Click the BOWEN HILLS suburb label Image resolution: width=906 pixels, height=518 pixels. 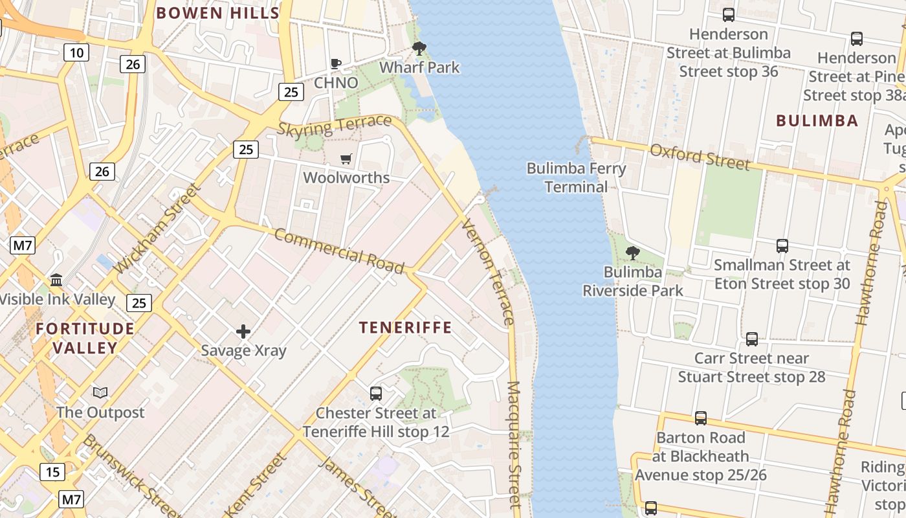[x=217, y=13]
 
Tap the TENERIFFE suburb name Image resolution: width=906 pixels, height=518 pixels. [x=405, y=328]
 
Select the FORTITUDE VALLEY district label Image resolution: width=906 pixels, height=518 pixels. [x=85, y=338]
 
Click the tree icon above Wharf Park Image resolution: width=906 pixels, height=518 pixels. [x=419, y=48]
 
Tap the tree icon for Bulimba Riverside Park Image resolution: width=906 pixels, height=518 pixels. [x=633, y=253]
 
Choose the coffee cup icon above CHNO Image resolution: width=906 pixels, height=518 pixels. [x=336, y=63]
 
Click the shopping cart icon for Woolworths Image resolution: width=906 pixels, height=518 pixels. [x=346, y=159]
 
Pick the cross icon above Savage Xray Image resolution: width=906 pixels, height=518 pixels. [x=243, y=332]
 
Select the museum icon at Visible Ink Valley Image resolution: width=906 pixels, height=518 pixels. [x=56, y=280]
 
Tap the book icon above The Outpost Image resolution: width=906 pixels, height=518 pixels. [x=100, y=393]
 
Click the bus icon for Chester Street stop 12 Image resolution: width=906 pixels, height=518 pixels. [x=375, y=393]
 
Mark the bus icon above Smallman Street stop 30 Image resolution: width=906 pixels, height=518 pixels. [x=782, y=246]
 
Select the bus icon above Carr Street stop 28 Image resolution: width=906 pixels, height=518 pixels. [x=751, y=339]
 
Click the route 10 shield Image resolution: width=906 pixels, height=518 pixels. [x=76, y=52]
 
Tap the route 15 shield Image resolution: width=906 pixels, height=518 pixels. [x=52, y=472]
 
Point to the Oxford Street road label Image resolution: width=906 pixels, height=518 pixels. [x=700, y=157]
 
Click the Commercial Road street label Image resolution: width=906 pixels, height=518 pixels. [x=339, y=251]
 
